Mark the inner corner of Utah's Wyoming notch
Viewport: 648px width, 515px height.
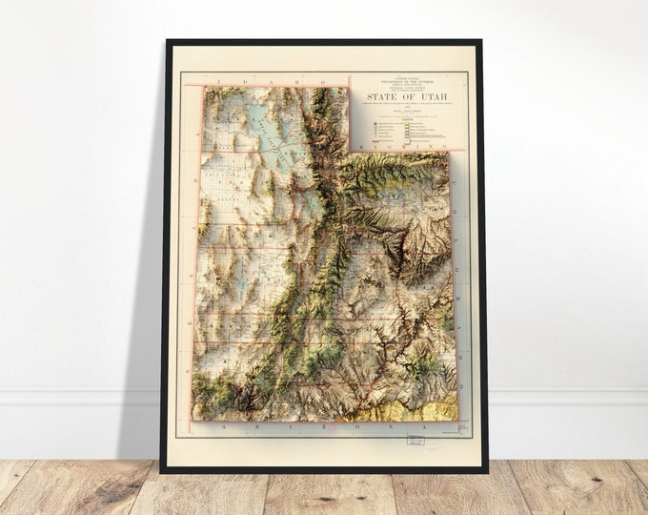pos(351,151)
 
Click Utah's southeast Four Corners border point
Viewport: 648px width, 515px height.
pos(456,420)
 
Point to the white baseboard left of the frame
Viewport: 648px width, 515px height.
pos(76,398)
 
